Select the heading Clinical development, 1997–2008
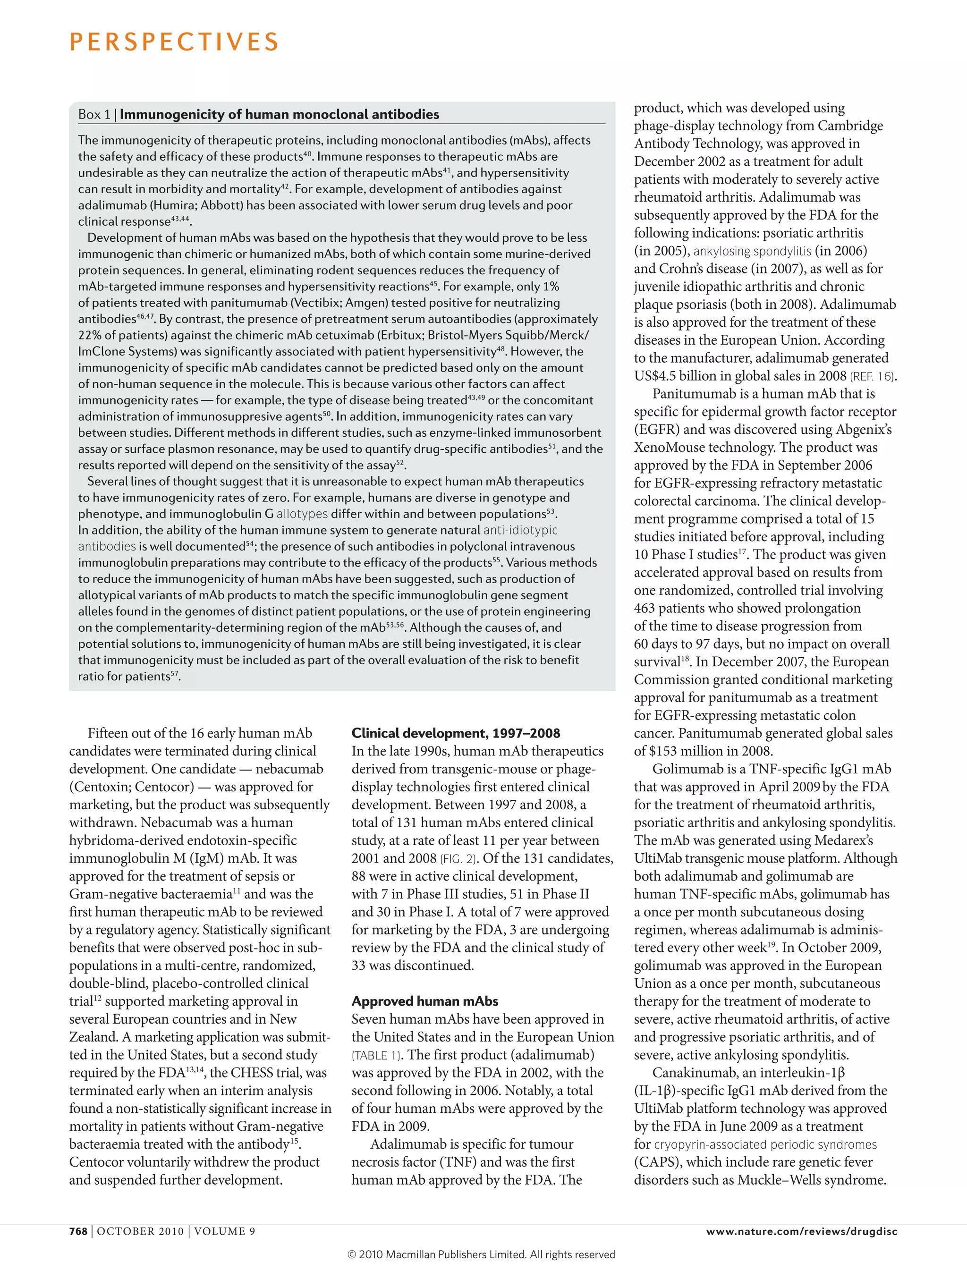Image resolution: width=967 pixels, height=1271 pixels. [455, 733]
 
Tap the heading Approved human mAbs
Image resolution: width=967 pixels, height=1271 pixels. [425, 1001]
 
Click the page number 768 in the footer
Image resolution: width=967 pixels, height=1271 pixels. [78, 1231]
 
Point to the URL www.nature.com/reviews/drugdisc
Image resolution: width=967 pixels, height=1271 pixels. [801, 1231]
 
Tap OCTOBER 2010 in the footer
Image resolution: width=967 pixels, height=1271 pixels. [140, 1231]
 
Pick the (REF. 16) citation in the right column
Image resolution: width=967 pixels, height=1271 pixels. [872, 376]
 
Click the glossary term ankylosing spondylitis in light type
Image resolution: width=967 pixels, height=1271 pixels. [752, 251]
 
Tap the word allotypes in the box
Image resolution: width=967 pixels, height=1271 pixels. [302, 514]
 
